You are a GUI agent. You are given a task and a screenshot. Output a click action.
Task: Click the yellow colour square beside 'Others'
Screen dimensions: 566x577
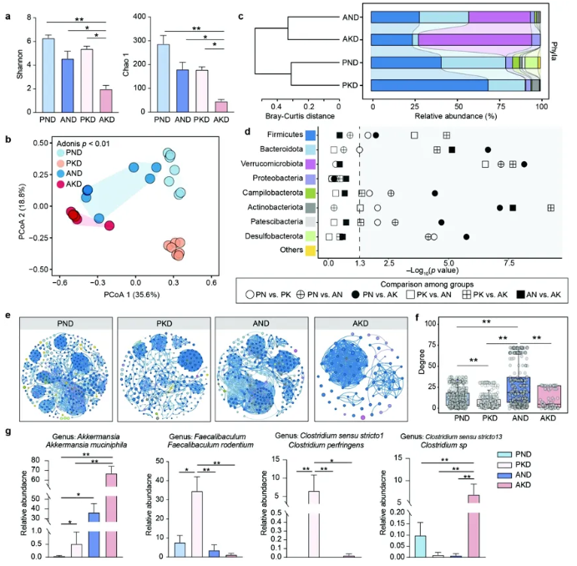pos(311,251)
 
